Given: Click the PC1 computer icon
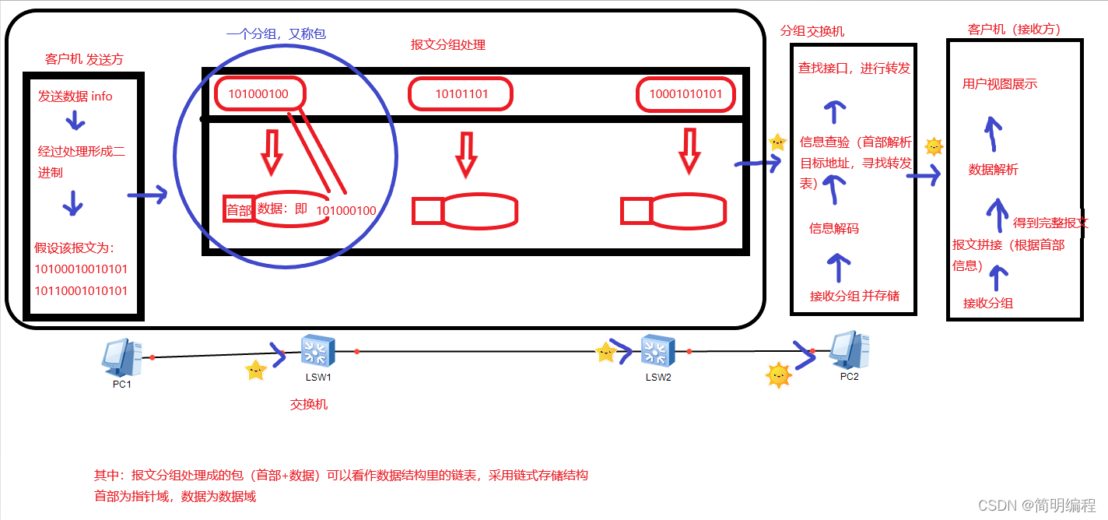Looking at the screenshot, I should click(121, 358).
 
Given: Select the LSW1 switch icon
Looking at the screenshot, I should click(317, 352).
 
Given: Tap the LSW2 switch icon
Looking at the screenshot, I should click(657, 351).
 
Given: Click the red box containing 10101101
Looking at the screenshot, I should click(461, 94).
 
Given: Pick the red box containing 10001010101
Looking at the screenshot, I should click(685, 94).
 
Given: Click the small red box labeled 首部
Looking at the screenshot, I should click(238, 209).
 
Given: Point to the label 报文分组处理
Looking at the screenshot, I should click(448, 45).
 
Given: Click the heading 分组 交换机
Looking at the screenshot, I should click(812, 31).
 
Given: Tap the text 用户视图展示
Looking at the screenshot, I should click(1000, 84).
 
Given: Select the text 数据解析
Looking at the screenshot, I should click(993, 170).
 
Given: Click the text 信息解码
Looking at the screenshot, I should click(834, 228).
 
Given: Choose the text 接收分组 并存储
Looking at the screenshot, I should click(854, 296).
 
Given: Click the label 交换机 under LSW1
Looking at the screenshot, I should click(309, 404).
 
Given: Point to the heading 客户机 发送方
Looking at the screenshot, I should click(84, 59).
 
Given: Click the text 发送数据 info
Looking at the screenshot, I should click(75, 97).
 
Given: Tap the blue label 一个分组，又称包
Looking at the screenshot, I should click(275, 34).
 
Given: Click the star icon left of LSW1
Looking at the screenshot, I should click(255, 370).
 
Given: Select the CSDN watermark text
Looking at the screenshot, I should click(1036, 505).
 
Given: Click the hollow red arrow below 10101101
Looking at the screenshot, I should click(465, 154).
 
